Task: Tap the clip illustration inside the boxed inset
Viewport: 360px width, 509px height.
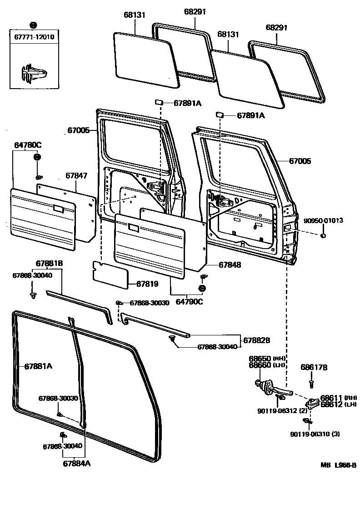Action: [x=33, y=73]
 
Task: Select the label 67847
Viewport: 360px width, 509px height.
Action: [x=76, y=175]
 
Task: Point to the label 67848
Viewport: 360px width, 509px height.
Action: [x=230, y=265]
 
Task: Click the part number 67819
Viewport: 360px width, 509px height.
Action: [x=147, y=284]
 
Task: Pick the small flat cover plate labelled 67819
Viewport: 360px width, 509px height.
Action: [x=110, y=275]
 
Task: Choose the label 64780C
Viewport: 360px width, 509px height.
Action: [x=27, y=145]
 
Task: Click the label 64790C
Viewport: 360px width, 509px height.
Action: [x=190, y=301]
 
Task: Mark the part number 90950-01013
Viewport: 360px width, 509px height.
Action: [x=323, y=220]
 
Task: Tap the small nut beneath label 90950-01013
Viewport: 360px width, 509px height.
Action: [x=323, y=235]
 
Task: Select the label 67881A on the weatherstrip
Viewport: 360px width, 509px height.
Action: [x=38, y=366]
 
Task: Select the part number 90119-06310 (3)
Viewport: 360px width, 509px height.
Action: [x=315, y=434]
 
